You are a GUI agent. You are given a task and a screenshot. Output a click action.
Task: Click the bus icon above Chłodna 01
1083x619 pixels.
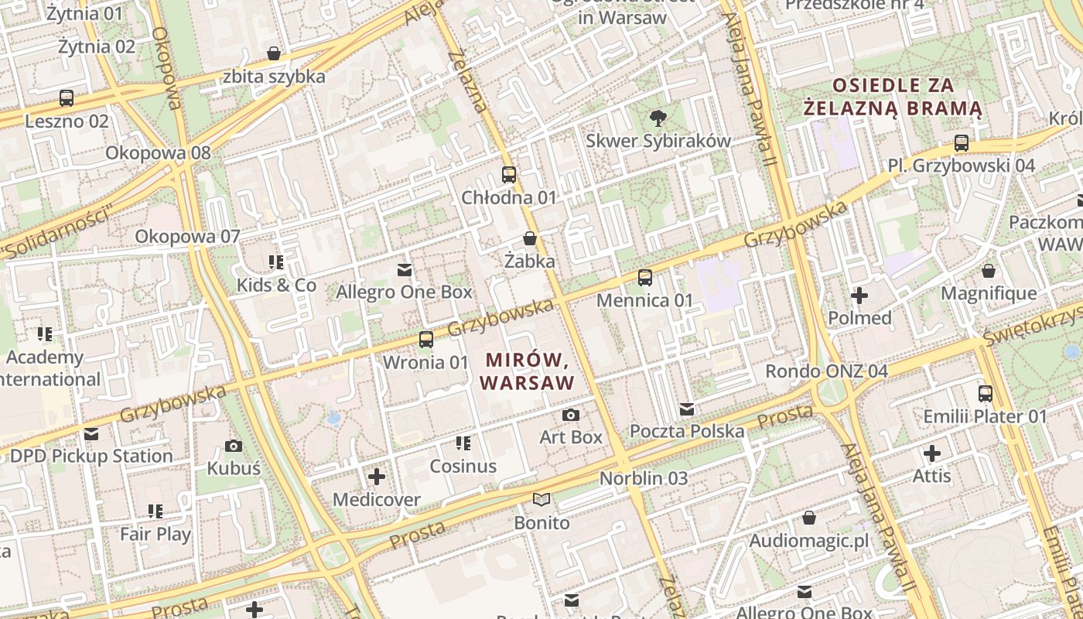pos(508,175)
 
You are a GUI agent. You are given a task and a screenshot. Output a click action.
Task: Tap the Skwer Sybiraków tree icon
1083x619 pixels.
pos(658,118)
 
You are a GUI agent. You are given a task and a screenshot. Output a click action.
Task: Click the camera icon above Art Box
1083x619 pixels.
pos(571,415)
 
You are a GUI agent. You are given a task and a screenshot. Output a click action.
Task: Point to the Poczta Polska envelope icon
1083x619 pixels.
pos(687,409)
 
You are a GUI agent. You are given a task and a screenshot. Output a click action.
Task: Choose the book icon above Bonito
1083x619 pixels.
pos(542,500)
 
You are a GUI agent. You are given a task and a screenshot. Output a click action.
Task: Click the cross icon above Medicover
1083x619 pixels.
pos(377,477)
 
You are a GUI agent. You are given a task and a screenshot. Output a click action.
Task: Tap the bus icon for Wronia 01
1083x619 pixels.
pos(425,339)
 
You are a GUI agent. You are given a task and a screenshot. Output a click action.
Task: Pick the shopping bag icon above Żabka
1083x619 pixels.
pos(530,238)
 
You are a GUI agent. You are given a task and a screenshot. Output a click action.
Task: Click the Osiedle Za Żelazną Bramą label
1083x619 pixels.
pos(893,97)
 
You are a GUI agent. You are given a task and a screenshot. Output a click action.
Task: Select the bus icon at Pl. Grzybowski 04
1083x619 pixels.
pos(962,142)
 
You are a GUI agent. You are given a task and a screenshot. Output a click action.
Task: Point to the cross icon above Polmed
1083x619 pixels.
pos(859,295)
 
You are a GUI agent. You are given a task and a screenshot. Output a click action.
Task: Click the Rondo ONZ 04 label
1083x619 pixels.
pos(826,371)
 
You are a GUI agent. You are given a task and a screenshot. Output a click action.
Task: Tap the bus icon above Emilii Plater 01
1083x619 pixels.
pos(985,393)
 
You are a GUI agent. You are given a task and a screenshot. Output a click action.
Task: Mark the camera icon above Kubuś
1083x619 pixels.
pos(234,446)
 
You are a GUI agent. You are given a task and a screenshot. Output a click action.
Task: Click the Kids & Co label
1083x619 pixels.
pos(276,285)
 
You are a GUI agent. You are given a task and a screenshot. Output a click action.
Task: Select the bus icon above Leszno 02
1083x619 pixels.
pos(67,98)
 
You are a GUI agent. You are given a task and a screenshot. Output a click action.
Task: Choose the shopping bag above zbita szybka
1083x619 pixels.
pos(274,53)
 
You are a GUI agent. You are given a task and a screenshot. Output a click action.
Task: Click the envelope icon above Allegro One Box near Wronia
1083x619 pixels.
pos(404,269)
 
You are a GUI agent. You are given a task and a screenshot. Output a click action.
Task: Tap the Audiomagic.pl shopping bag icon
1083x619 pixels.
pos(809,517)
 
